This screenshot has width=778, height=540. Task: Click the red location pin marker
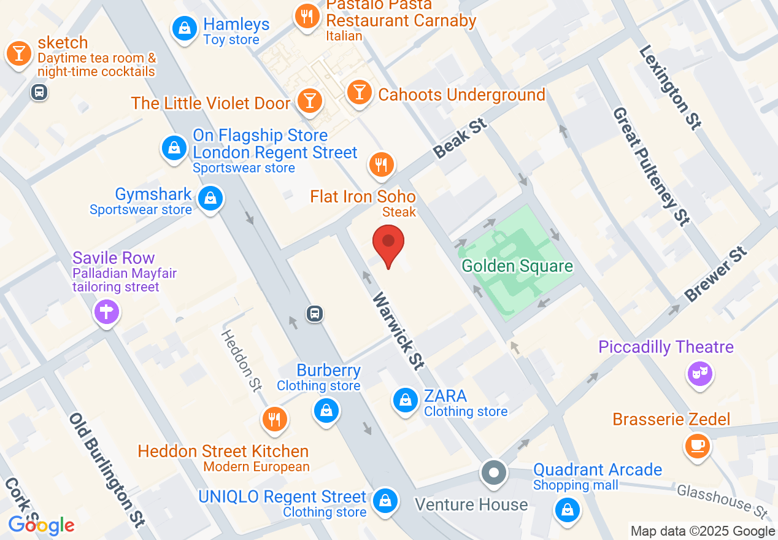[388, 243]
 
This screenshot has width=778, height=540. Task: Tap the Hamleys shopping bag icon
[184, 28]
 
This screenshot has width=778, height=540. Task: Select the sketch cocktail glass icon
[19, 54]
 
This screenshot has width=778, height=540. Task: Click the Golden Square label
[517, 266]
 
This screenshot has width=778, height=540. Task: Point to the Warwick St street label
[398, 331]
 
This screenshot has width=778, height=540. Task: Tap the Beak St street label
[460, 139]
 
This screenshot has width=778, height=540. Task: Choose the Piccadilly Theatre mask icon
[699, 372]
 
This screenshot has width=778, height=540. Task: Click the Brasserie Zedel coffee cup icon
[698, 445]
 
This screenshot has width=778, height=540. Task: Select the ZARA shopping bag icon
[405, 400]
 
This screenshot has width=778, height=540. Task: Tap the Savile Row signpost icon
[106, 312]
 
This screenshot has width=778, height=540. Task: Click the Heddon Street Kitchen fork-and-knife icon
[275, 420]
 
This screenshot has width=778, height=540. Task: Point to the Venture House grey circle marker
[494, 473]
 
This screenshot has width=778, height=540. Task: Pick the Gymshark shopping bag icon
[210, 198]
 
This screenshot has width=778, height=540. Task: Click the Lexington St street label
[669, 87]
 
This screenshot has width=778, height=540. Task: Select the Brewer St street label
[716, 274]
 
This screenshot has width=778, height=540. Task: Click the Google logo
[42, 525]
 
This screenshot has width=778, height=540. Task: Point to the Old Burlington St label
[107, 471]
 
